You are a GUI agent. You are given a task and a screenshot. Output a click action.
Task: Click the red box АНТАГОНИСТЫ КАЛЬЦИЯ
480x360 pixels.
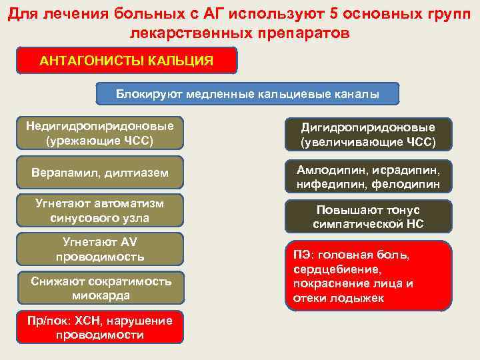click(x=127, y=61)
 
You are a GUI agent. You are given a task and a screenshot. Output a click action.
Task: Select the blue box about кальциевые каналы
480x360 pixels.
click(x=248, y=94)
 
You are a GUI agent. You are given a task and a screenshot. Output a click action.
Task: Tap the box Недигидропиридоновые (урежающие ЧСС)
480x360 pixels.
click(x=99, y=133)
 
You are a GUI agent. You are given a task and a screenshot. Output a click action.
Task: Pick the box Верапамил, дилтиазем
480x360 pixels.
click(x=99, y=173)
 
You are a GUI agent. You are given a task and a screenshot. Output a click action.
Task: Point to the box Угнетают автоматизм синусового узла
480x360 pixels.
click(x=99, y=210)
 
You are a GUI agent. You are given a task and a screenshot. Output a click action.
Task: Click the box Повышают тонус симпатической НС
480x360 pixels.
click(x=369, y=217)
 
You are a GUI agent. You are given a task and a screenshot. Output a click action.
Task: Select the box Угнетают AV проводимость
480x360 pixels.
click(x=99, y=249)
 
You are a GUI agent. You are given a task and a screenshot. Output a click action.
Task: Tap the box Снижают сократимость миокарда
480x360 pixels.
click(x=99, y=288)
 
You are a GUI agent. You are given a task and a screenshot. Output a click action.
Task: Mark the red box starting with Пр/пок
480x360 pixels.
click(x=99, y=327)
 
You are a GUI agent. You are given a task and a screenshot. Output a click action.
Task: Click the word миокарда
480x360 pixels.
click(x=99, y=295)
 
